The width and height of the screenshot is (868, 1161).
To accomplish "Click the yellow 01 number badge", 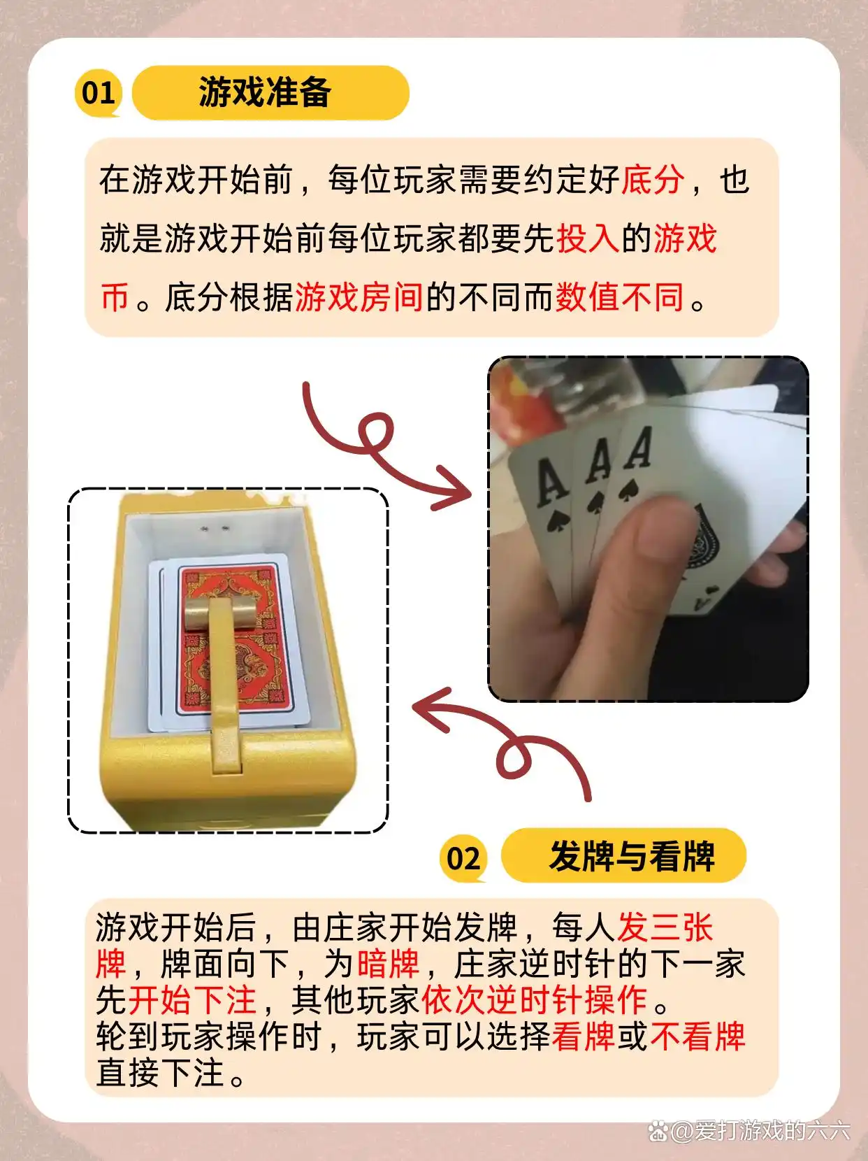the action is [x=99, y=93].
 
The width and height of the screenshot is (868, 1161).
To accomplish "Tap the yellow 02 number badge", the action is [x=463, y=858].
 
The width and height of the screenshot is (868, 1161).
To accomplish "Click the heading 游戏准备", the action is [x=265, y=92].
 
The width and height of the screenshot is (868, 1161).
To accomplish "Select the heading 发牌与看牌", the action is [x=632, y=856].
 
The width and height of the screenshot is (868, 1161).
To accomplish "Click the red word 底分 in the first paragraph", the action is [x=653, y=180].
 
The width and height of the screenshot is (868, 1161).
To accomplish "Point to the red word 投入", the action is [x=588, y=238].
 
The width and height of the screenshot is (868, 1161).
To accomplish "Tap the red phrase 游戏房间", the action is [x=359, y=297].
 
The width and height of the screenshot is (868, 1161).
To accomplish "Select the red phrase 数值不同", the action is [x=620, y=297].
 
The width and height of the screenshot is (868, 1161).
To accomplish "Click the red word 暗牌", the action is [x=389, y=964].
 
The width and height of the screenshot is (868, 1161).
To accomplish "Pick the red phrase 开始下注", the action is [x=191, y=999].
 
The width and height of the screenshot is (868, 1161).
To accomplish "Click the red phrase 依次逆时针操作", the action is [x=535, y=999].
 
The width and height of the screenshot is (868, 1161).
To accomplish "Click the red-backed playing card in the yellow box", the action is [x=235, y=641].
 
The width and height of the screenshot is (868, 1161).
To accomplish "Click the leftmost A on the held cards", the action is [x=551, y=483].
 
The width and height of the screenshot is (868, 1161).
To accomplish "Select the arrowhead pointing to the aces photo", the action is [x=452, y=487].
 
